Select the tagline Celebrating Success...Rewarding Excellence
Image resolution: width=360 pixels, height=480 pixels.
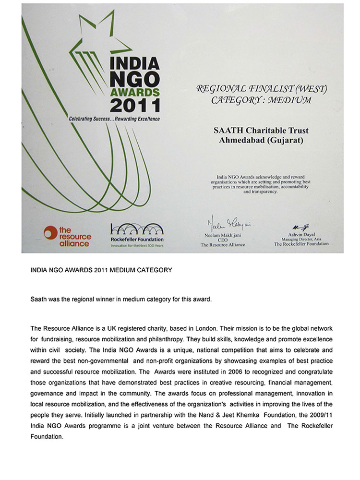[x=114, y=119]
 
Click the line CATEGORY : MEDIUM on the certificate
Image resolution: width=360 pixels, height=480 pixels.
[x=261, y=100]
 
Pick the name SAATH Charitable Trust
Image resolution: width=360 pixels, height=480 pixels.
[x=261, y=131]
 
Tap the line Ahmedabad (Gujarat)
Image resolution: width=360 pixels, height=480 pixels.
[x=261, y=140]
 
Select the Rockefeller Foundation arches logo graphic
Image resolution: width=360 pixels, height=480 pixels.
[x=137, y=229]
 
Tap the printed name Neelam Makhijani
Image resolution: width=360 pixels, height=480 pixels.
[x=222, y=234]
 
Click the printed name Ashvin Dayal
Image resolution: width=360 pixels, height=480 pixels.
[x=301, y=235]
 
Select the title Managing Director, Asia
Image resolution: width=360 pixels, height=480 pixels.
[x=301, y=239]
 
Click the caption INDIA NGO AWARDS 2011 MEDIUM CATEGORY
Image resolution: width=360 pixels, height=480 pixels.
[x=101, y=270]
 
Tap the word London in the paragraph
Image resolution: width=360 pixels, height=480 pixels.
[x=209, y=328]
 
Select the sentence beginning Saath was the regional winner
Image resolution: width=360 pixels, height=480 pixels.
[x=121, y=299]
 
